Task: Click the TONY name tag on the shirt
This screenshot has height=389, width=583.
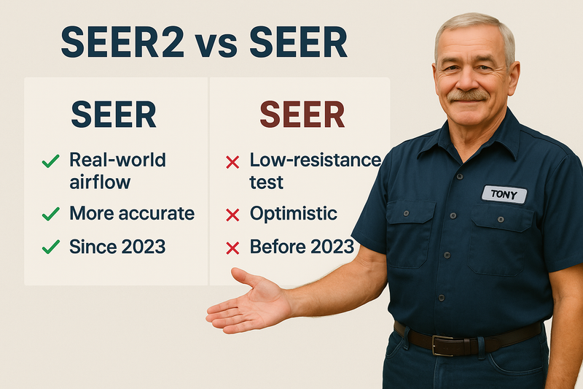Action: [504, 194]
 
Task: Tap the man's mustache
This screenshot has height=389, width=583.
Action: [467, 95]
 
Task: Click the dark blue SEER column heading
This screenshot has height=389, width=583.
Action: [113, 115]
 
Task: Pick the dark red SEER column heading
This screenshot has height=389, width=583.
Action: [302, 115]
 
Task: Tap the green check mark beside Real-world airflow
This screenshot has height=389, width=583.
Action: [50, 161]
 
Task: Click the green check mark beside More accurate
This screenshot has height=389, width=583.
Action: [50, 214]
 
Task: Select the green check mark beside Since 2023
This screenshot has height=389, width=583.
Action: [50, 247]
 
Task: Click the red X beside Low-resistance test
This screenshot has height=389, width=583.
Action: [232, 162]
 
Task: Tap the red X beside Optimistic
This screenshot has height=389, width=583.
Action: [232, 215]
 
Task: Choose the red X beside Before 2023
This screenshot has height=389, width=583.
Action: [232, 248]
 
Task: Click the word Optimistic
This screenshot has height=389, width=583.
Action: [293, 214]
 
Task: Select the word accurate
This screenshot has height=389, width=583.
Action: [158, 214]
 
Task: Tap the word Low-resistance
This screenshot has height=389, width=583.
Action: [315, 159]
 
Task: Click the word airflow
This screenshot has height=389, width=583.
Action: [99, 180]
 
